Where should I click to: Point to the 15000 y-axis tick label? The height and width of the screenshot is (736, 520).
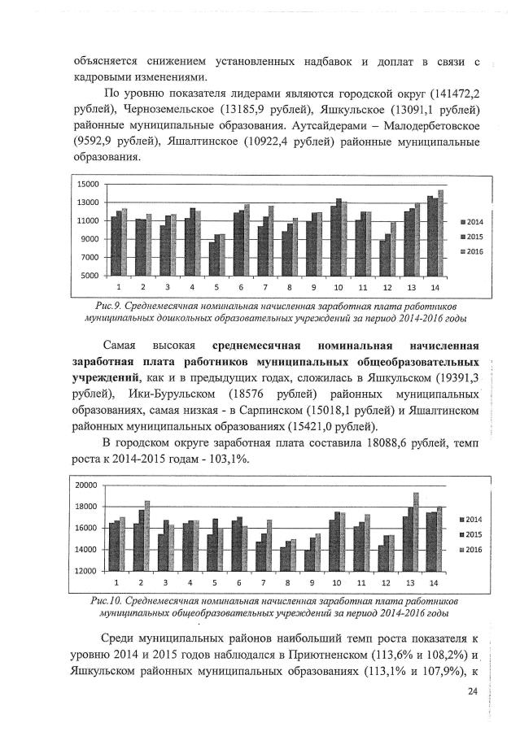pos(87,185)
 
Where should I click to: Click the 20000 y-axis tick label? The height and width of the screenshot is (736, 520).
pos(86,485)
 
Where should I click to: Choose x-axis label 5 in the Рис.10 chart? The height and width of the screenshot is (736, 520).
pos(214,583)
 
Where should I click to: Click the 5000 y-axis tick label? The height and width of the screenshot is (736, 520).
pos(90,276)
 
